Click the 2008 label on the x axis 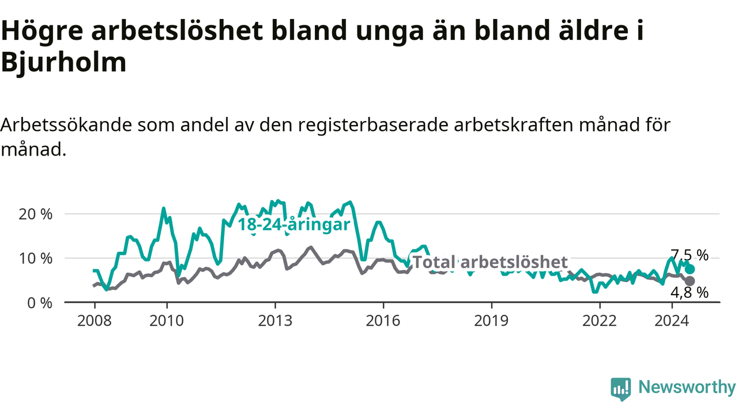[95, 321]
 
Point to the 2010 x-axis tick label [167, 321]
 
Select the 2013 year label [275, 321]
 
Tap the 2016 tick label [383, 321]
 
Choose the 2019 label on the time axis [491, 321]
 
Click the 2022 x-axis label [600, 321]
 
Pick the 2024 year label [672, 321]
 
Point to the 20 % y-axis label [35, 214]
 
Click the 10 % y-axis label [35, 259]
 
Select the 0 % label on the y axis [40, 303]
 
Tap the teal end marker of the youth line [690, 269]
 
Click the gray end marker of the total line [690, 281]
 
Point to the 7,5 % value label [689, 255]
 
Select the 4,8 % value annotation [689, 292]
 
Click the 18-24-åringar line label [294, 225]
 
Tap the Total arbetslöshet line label [490, 262]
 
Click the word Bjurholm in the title [64, 62]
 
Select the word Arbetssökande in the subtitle [66, 125]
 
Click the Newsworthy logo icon [621, 389]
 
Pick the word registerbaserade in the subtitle [373, 126]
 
